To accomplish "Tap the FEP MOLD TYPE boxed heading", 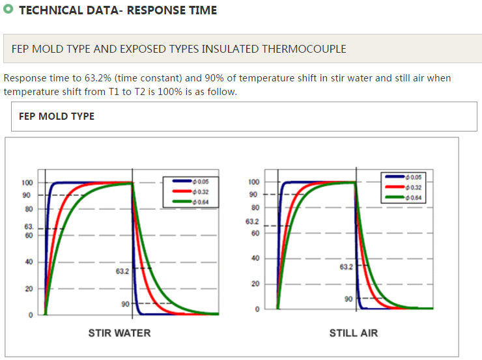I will [x=57, y=117].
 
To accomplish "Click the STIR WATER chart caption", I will [x=119, y=333].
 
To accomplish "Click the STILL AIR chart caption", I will [x=353, y=333].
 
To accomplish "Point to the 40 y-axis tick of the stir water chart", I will [x=29, y=262].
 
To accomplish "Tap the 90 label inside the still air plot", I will [x=348, y=299].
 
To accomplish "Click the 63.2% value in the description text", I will [x=97, y=78].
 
